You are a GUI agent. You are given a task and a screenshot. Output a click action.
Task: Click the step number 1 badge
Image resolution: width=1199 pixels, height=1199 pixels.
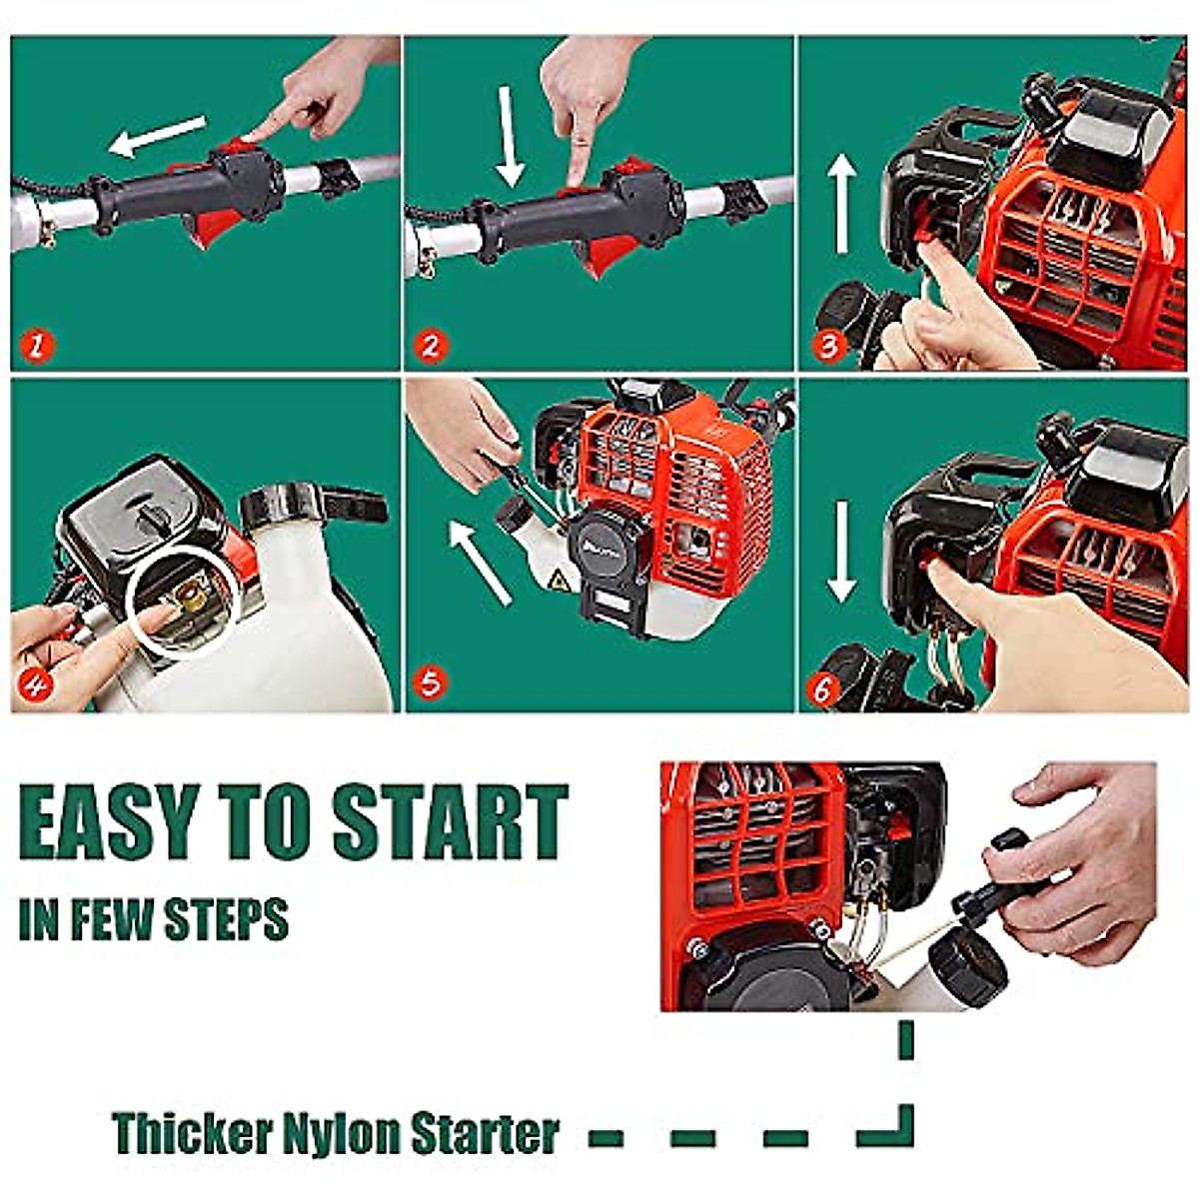click(37, 347)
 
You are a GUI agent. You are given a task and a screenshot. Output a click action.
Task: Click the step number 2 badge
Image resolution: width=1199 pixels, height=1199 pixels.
click(430, 347)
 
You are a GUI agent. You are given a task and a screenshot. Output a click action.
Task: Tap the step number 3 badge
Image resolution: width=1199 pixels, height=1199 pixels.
click(828, 347)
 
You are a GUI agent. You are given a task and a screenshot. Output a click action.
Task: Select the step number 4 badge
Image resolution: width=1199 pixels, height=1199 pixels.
click(37, 686)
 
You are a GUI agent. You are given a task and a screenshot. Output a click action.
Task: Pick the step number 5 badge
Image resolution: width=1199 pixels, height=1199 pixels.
click(430, 684)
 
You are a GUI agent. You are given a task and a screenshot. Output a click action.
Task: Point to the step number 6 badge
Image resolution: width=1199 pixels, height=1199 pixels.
click(822, 689)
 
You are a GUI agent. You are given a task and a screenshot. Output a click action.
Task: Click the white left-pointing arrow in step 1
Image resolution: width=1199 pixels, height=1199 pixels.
click(157, 136)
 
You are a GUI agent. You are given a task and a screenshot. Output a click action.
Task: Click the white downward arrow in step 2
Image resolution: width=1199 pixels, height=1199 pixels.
click(511, 136)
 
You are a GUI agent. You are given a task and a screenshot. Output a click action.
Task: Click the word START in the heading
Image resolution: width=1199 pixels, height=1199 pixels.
click(450, 821)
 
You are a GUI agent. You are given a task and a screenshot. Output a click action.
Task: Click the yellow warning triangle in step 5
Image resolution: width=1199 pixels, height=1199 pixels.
click(560, 580)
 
